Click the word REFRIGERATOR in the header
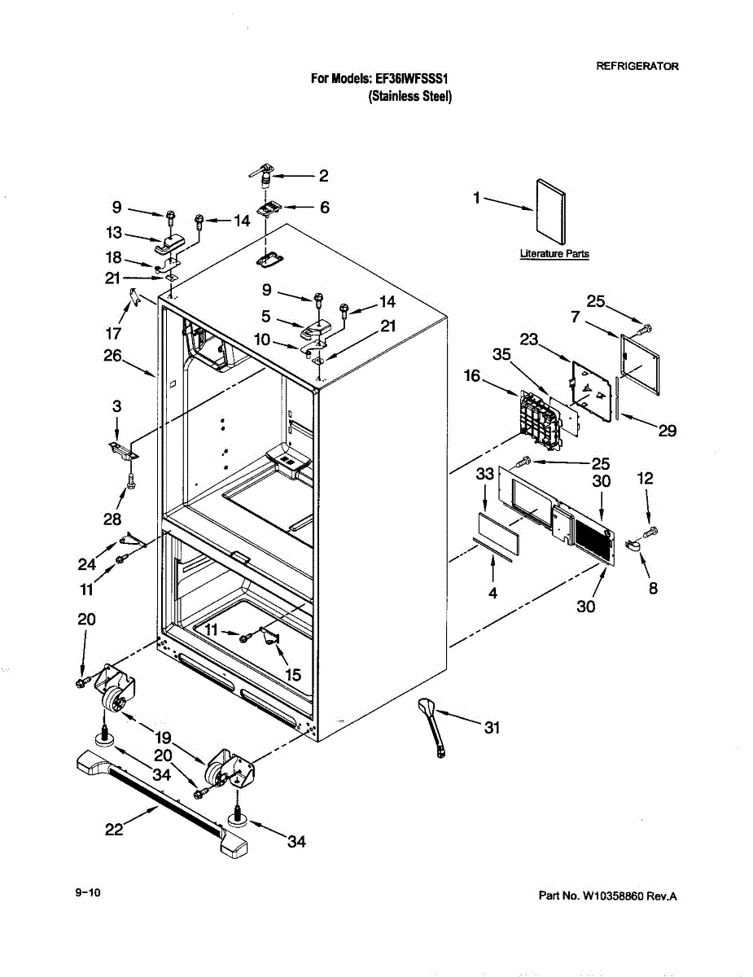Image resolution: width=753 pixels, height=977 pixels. tap(637, 66)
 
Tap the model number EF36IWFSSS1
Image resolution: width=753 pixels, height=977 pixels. tap(412, 79)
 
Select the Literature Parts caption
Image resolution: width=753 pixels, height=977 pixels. tap(554, 254)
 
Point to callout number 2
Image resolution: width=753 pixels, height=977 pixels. tap(323, 175)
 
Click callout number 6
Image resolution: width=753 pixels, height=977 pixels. tap(324, 208)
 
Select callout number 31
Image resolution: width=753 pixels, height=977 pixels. tap(492, 728)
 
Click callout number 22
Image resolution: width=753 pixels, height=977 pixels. tap(115, 830)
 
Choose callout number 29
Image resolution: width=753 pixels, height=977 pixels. tap(668, 431)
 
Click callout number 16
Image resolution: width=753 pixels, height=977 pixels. tap(472, 375)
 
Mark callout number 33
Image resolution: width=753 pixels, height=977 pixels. tap(485, 473)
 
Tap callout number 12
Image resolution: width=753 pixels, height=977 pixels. tap(645, 480)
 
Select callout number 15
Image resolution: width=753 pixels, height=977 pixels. tap(293, 674)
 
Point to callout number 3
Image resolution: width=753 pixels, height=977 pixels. tap(116, 405)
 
